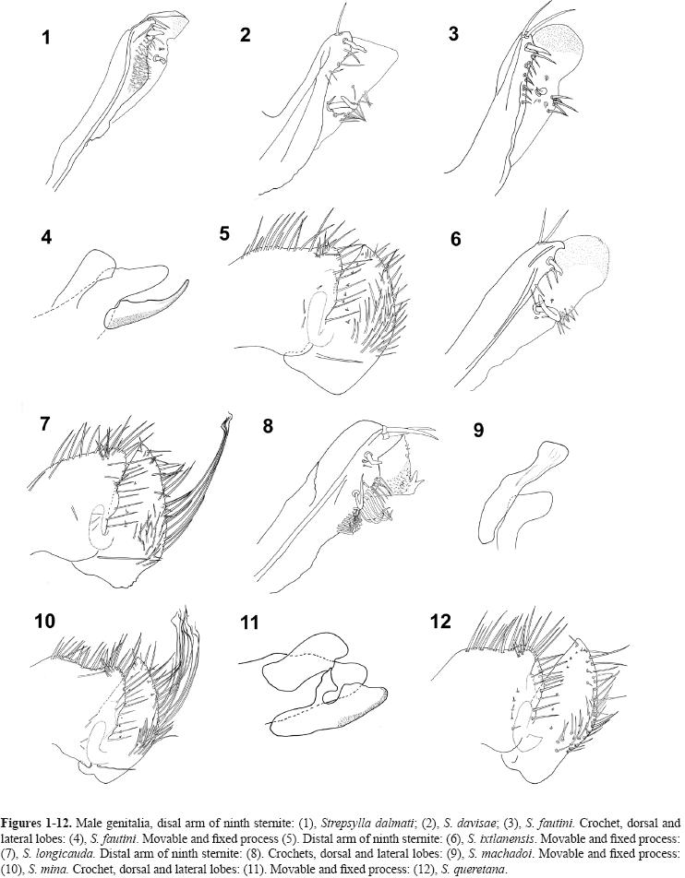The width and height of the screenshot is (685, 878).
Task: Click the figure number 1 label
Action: pyautogui.click(x=45, y=39)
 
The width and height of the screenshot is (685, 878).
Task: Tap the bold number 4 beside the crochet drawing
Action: pyautogui.click(x=46, y=237)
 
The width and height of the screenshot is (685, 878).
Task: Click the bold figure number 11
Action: pyautogui.click(x=249, y=623)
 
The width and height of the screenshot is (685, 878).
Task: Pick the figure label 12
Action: pyautogui.click(x=441, y=621)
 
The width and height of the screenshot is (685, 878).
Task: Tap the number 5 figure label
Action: pyautogui.click(x=224, y=233)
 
